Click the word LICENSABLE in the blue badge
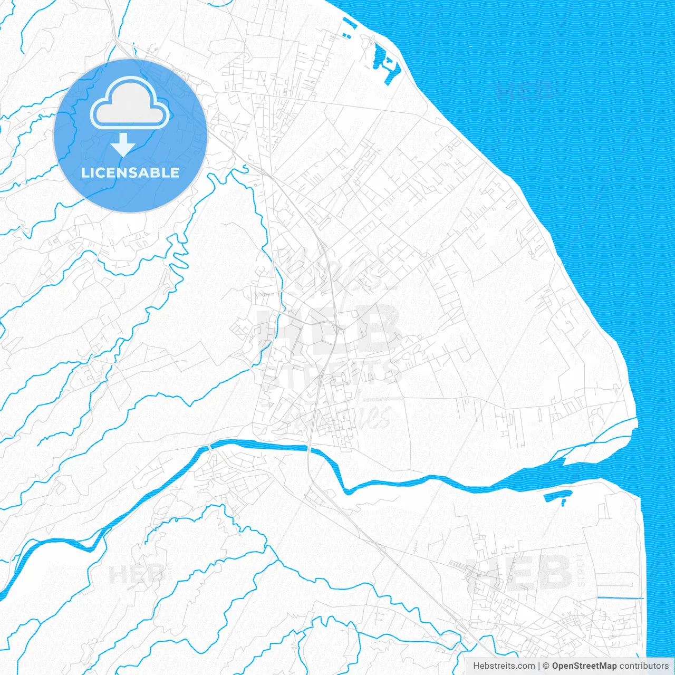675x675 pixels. coord(130,172)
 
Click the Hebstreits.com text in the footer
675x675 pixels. coord(504,666)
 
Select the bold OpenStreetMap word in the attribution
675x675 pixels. coord(584,666)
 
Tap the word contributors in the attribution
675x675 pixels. coord(644,666)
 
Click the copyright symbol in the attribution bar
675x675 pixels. coord(546,666)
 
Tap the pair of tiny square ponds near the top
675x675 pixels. coord(347,36)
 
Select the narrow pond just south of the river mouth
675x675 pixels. coord(558,496)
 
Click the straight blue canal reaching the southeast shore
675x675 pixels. coord(620,598)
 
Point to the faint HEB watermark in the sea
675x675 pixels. coord(525,91)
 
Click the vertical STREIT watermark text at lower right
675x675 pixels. coord(581,571)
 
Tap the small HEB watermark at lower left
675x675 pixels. coord(136,573)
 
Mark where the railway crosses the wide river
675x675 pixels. coord(309,449)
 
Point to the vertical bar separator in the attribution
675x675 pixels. coord(539,666)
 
